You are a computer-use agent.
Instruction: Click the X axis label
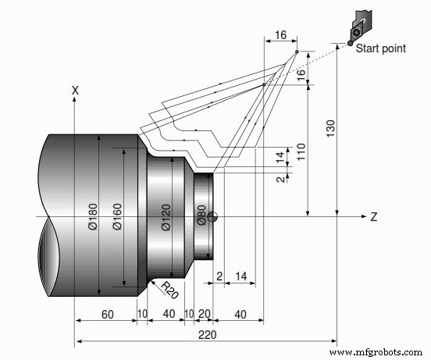click(x=75, y=91)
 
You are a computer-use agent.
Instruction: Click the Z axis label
click(x=375, y=216)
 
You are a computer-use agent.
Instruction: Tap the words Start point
click(x=381, y=48)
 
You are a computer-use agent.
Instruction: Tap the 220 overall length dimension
click(x=207, y=334)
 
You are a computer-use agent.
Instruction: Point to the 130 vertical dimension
click(x=330, y=127)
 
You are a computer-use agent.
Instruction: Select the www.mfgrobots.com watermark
click(x=379, y=353)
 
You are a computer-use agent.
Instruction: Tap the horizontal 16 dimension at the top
click(x=281, y=35)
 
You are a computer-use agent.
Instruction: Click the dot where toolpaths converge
click(x=297, y=52)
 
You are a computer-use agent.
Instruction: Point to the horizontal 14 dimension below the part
click(x=242, y=276)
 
